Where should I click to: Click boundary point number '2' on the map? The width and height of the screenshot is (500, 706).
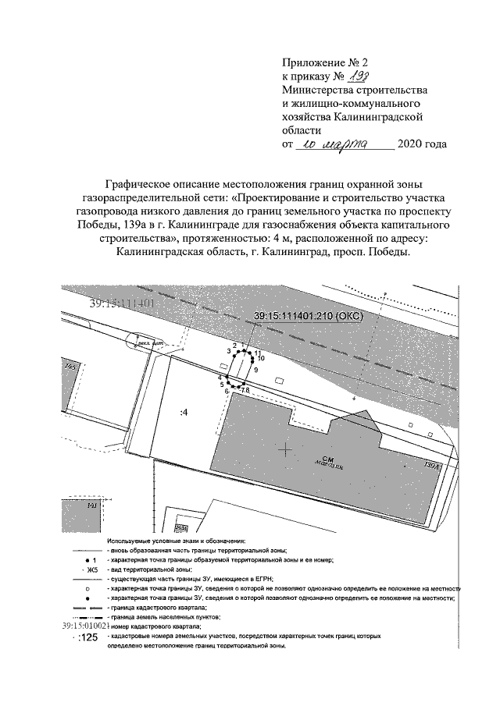click(234, 345)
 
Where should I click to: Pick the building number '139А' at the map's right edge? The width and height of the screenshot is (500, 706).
click(430, 466)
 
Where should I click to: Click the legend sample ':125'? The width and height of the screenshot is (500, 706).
click(87, 637)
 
